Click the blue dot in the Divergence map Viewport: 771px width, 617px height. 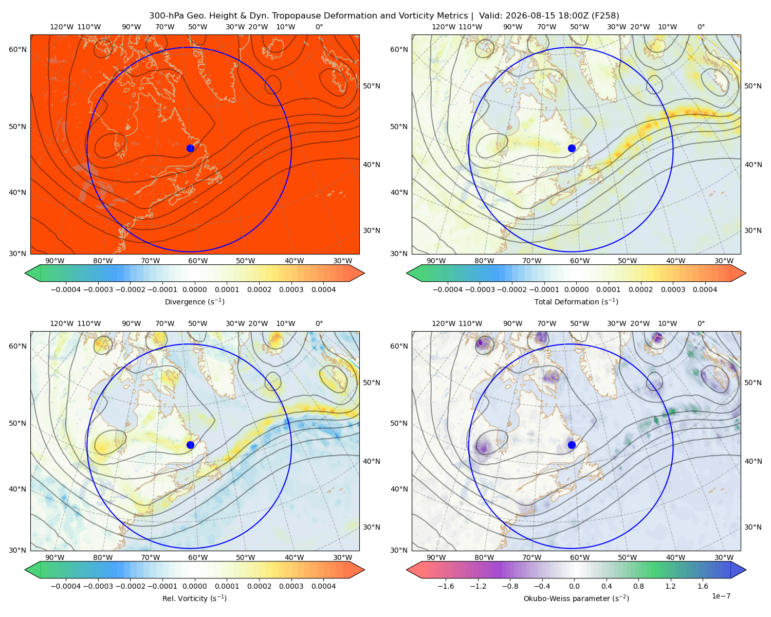tap(190, 148)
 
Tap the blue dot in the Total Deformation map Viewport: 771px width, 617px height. tap(572, 148)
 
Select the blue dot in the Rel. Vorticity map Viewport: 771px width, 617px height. tap(190, 445)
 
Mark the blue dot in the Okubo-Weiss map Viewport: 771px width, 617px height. tap(572, 445)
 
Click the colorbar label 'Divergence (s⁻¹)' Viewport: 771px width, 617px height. tap(194, 301)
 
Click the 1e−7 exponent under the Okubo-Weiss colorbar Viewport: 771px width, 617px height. tap(721, 596)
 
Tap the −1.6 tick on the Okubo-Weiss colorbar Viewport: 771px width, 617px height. tap(446, 586)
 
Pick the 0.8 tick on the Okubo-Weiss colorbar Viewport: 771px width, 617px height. tap(638, 586)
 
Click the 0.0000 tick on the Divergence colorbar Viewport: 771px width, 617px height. tap(194, 289)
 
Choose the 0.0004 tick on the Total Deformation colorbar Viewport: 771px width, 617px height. tap(705, 289)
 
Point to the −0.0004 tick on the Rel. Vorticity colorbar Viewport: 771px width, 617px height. tap(66, 586)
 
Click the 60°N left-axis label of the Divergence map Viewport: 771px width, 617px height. tap(17, 49)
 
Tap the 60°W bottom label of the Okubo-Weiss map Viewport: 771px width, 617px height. tap(579, 557)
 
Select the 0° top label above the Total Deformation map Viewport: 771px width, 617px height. tap(701, 27)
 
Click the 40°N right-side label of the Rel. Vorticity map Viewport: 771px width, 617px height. tap(372, 461)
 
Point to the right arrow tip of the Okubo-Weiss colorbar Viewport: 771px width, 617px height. tap(746, 570)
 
